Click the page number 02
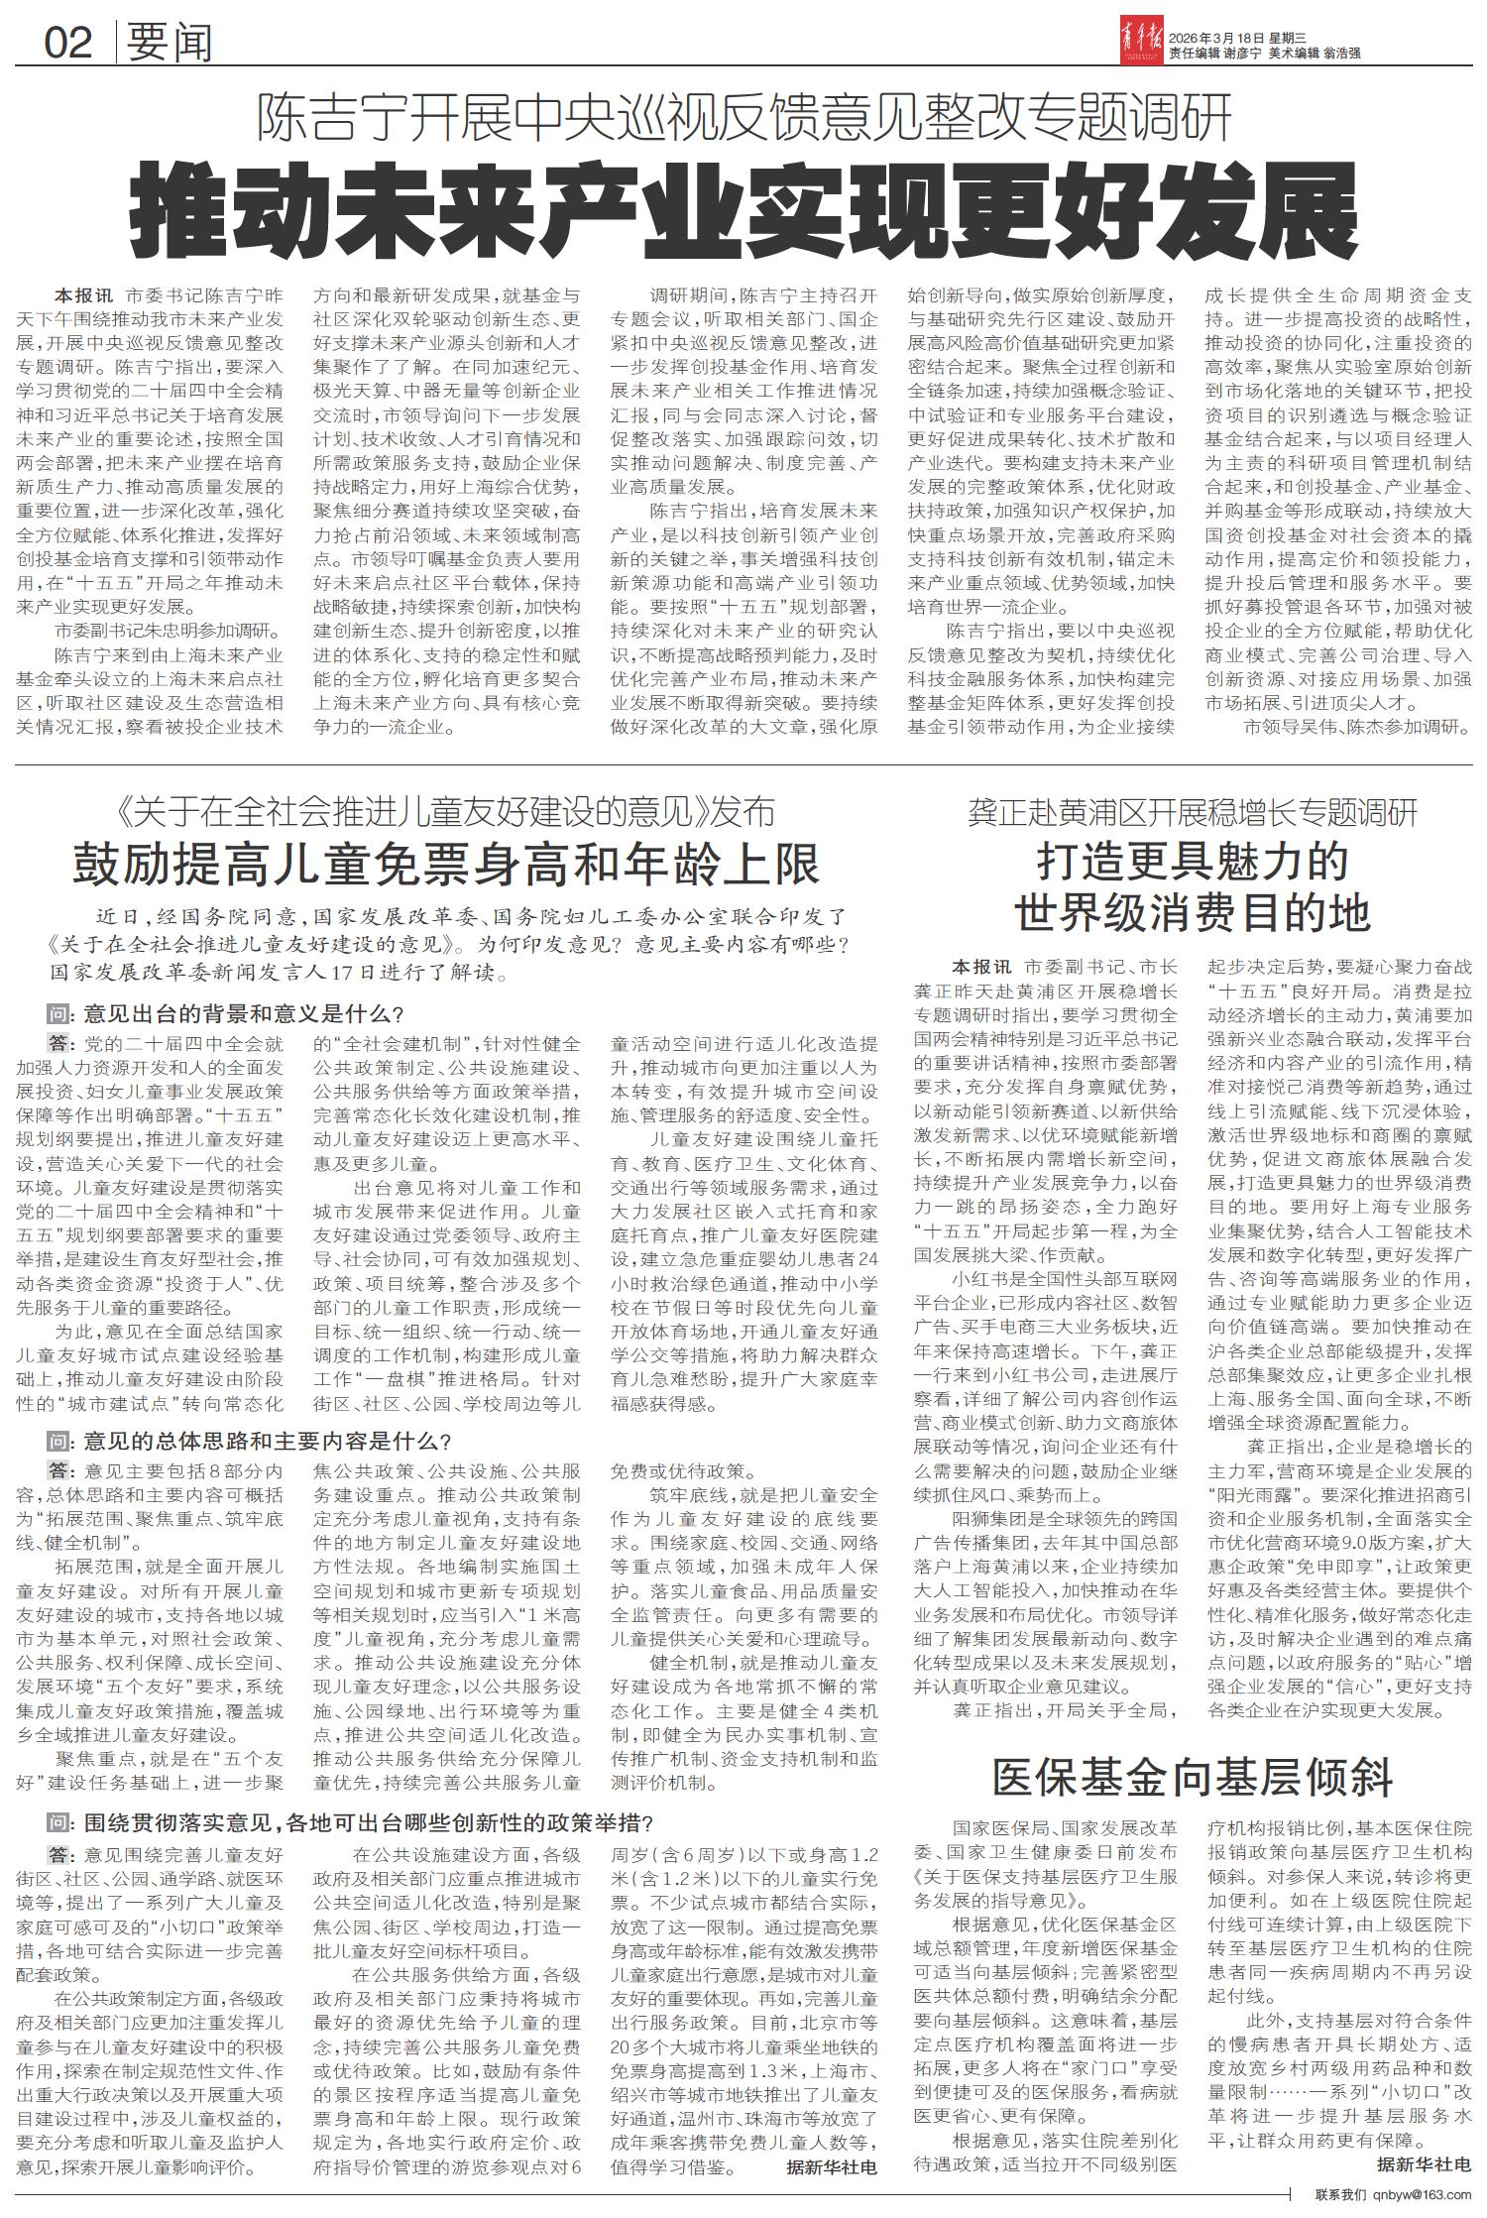(67, 43)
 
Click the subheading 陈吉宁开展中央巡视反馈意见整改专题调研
(744, 117)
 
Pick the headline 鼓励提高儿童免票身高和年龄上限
(446, 863)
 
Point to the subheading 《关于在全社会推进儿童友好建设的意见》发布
(446, 813)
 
